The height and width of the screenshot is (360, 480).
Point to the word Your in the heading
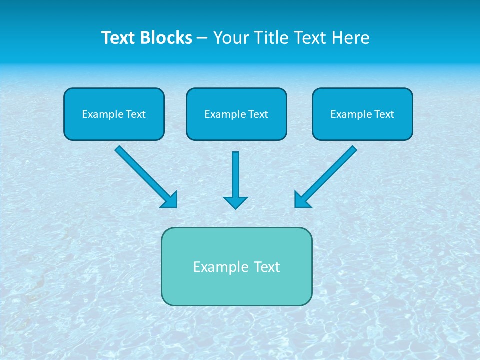tap(231, 38)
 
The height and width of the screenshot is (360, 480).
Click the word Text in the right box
tap(384, 114)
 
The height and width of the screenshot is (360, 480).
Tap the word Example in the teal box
tap(221, 267)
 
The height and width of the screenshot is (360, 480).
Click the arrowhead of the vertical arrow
tap(235, 202)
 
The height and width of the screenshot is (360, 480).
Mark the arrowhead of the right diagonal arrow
tap(302, 199)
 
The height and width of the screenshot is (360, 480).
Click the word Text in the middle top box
tap(258, 114)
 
